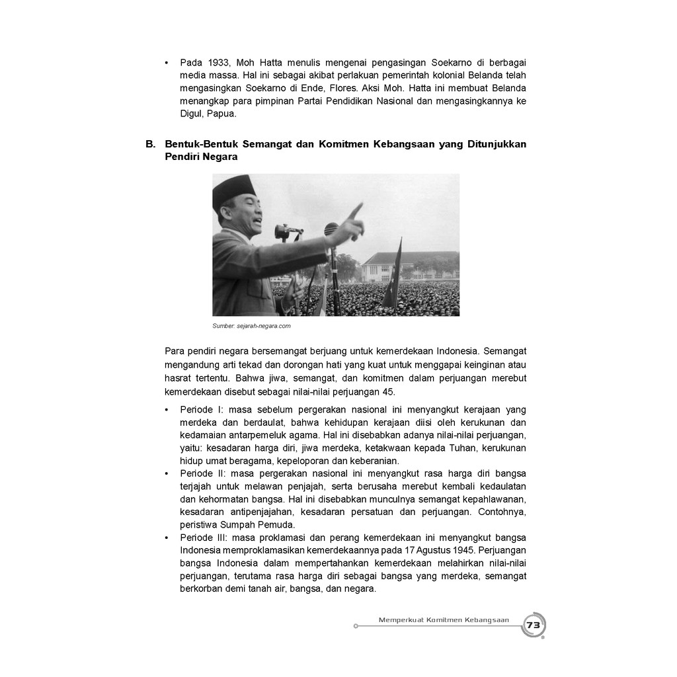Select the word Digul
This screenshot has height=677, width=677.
192,113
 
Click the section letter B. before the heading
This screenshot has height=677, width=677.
150,144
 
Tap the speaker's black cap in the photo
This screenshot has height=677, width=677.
233,189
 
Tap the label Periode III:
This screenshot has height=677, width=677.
203,538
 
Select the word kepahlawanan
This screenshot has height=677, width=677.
494,498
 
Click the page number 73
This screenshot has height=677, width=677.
533,625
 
